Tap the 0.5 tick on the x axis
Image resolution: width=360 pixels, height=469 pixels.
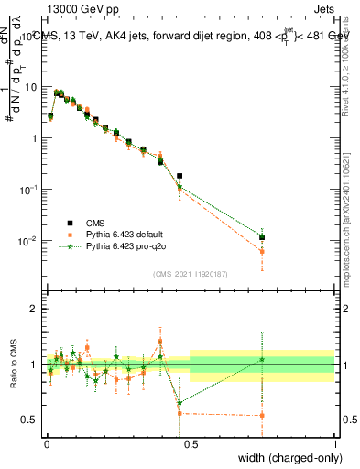coord(191,443)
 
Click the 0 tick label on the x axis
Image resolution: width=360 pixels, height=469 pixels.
coord(47,443)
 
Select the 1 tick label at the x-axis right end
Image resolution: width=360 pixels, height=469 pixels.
coord(334,443)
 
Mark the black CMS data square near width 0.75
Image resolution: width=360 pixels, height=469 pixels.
coord(262,237)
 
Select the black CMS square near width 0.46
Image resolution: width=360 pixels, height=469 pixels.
coord(180,176)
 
